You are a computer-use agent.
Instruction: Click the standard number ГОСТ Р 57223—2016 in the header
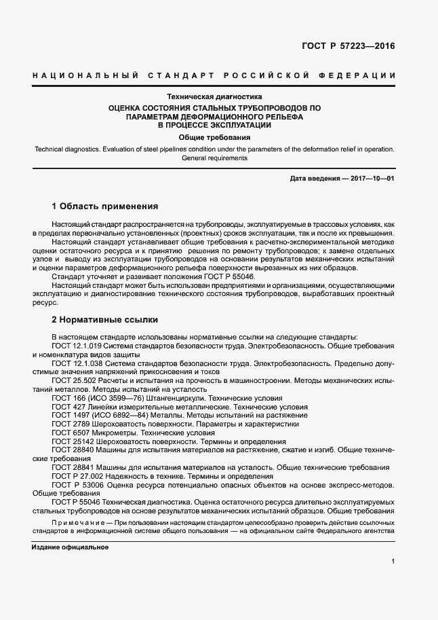pyautogui.click(x=347, y=46)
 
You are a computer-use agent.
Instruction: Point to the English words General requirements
pyautogui.click(x=214, y=158)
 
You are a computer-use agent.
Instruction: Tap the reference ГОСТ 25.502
pyautogui.click(x=74, y=382)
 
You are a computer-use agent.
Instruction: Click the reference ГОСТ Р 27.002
pyautogui.click(x=76, y=477)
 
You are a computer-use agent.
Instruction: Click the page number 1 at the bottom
pyautogui.click(x=393, y=562)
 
